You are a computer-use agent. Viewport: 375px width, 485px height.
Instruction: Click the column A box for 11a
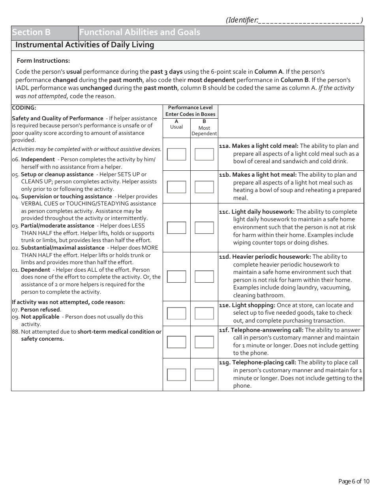[x=176, y=154]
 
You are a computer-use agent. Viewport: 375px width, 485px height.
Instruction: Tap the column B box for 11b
[x=204, y=187]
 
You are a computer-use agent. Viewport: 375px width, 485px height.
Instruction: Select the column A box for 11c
[x=176, y=228]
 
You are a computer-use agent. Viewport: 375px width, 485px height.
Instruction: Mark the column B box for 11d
[x=204, y=276]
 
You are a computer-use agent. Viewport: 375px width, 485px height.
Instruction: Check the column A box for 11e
[x=176, y=313]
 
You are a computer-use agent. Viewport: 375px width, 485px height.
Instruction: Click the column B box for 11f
[x=204, y=342]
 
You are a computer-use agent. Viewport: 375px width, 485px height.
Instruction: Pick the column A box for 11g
[x=176, y=375]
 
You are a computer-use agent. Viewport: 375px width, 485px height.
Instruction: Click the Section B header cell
[x=44, y=32]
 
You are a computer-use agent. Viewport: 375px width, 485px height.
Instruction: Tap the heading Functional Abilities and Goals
[x=140, y=32]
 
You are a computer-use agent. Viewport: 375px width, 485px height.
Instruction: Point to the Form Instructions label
[x=43, y=61]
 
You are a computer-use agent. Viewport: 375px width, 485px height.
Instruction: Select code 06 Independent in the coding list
[x=38, y=159]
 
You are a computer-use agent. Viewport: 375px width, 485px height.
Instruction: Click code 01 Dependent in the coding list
[x=35, y=270]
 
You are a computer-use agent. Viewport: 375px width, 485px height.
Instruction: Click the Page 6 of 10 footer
[x=354, y=481]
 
